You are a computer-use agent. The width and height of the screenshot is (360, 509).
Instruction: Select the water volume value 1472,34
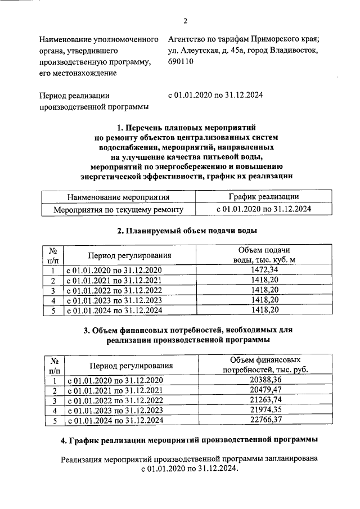pos(263,270)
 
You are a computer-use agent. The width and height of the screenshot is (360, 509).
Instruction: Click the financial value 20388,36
pos(265,381)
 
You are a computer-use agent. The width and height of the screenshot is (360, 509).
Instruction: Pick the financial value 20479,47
pos(265,390)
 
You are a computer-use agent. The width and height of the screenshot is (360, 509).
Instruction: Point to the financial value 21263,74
pos(265,400)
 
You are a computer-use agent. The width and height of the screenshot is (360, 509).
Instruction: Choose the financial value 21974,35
pos(265,410)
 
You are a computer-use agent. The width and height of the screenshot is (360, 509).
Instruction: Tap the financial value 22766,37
pos(265,420)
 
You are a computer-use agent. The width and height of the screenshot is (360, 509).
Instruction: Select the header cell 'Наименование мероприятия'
pos(118,197)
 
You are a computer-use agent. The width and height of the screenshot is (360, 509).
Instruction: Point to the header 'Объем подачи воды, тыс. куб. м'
pos(263,254)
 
